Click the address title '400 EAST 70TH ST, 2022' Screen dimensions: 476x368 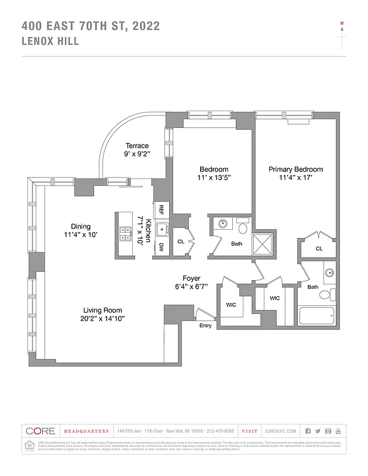(x=90, y=26)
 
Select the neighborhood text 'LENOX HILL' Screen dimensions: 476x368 (x=50, y=41)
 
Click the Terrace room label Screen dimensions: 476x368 (x=136, y=146)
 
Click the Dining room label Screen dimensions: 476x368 (x=80, y=226)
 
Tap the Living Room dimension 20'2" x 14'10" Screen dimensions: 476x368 (x=102, y=319)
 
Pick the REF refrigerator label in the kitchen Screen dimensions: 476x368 (x=161, y=210)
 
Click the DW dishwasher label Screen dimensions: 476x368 (x=161, y=247)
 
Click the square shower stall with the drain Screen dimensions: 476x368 (x=262, y=244)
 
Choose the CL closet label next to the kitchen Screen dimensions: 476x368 (x=181, y=241)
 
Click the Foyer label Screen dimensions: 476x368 (x=192, y=278)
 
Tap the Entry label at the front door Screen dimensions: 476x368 (x=205, y=325)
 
